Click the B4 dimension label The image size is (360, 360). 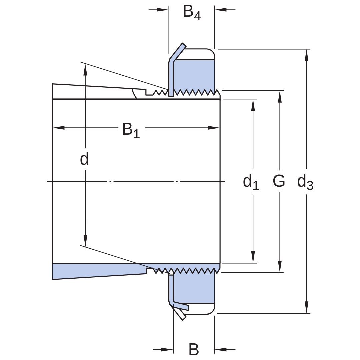click(192, 13)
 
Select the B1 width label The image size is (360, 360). click(131, 130)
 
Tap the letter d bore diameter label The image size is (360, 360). click(84, 159)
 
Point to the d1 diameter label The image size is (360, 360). click(251, 182)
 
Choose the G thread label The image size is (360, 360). click(279, 181)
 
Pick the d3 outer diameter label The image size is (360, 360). click(305, 182)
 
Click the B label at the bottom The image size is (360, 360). click(194, 349)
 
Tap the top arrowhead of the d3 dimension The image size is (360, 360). click(307, 55)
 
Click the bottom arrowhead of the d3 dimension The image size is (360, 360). click(307, 307)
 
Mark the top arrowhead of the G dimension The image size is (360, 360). click(280, 97)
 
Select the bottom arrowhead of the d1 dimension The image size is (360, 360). click(253, 257)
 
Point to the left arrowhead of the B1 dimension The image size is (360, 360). click(59, 128)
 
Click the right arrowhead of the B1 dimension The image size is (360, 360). click(214, 128)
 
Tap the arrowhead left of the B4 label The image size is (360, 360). click(163, 10)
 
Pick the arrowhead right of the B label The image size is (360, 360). click(221, 350)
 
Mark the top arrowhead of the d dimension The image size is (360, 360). click(85, 70)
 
